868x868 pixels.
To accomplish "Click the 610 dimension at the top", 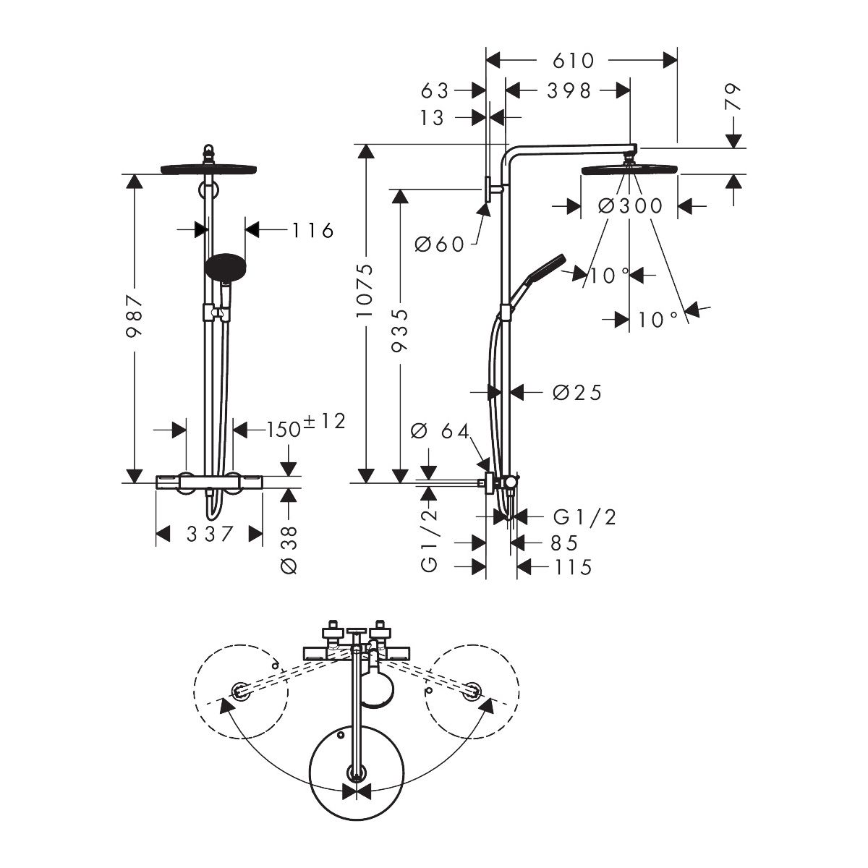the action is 574,61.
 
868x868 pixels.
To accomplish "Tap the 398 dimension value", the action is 569,91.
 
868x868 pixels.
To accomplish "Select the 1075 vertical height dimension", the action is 365,291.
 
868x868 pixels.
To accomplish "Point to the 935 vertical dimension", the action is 399,330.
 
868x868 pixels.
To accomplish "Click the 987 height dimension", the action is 135,316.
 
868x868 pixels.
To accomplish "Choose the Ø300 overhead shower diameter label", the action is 630,206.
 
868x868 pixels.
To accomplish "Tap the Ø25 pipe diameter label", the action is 577,393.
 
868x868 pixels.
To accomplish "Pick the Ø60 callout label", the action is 439,244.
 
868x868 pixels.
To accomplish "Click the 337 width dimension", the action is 210,535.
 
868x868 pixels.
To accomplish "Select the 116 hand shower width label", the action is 313,231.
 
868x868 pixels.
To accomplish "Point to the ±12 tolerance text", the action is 324,421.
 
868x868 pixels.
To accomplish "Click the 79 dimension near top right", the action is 733,97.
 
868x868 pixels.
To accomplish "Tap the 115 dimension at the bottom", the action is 573,568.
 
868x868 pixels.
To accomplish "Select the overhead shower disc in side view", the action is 629,170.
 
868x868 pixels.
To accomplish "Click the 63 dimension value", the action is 435,91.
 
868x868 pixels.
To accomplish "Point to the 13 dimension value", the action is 432,118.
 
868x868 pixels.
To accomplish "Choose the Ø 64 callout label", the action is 441,431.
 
